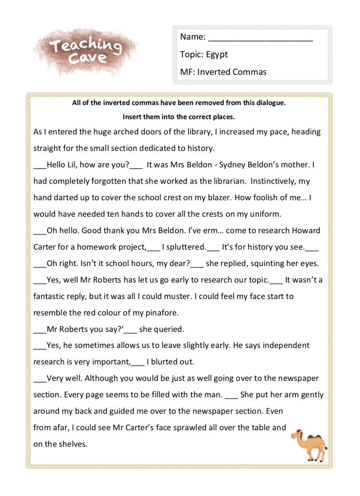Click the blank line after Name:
coord(260,38)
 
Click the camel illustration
coord(309,445)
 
